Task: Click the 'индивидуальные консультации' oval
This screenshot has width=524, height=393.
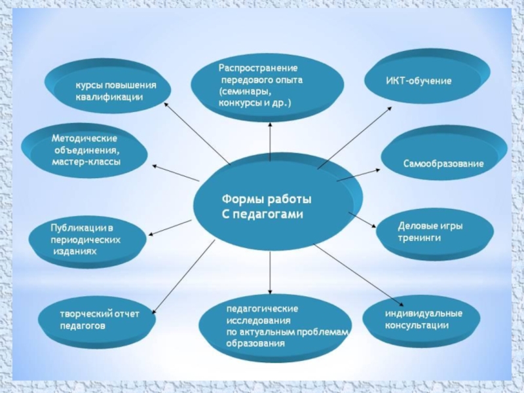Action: (422, 321)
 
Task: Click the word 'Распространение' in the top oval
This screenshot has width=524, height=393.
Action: (258, 68)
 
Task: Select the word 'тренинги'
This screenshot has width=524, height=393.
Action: (419, 238)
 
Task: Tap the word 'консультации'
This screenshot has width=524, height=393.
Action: (417, 325)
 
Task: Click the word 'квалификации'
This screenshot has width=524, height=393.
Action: (109, 97)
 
